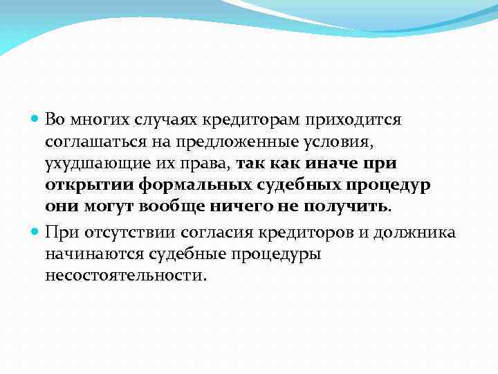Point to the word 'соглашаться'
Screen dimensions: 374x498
91,143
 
